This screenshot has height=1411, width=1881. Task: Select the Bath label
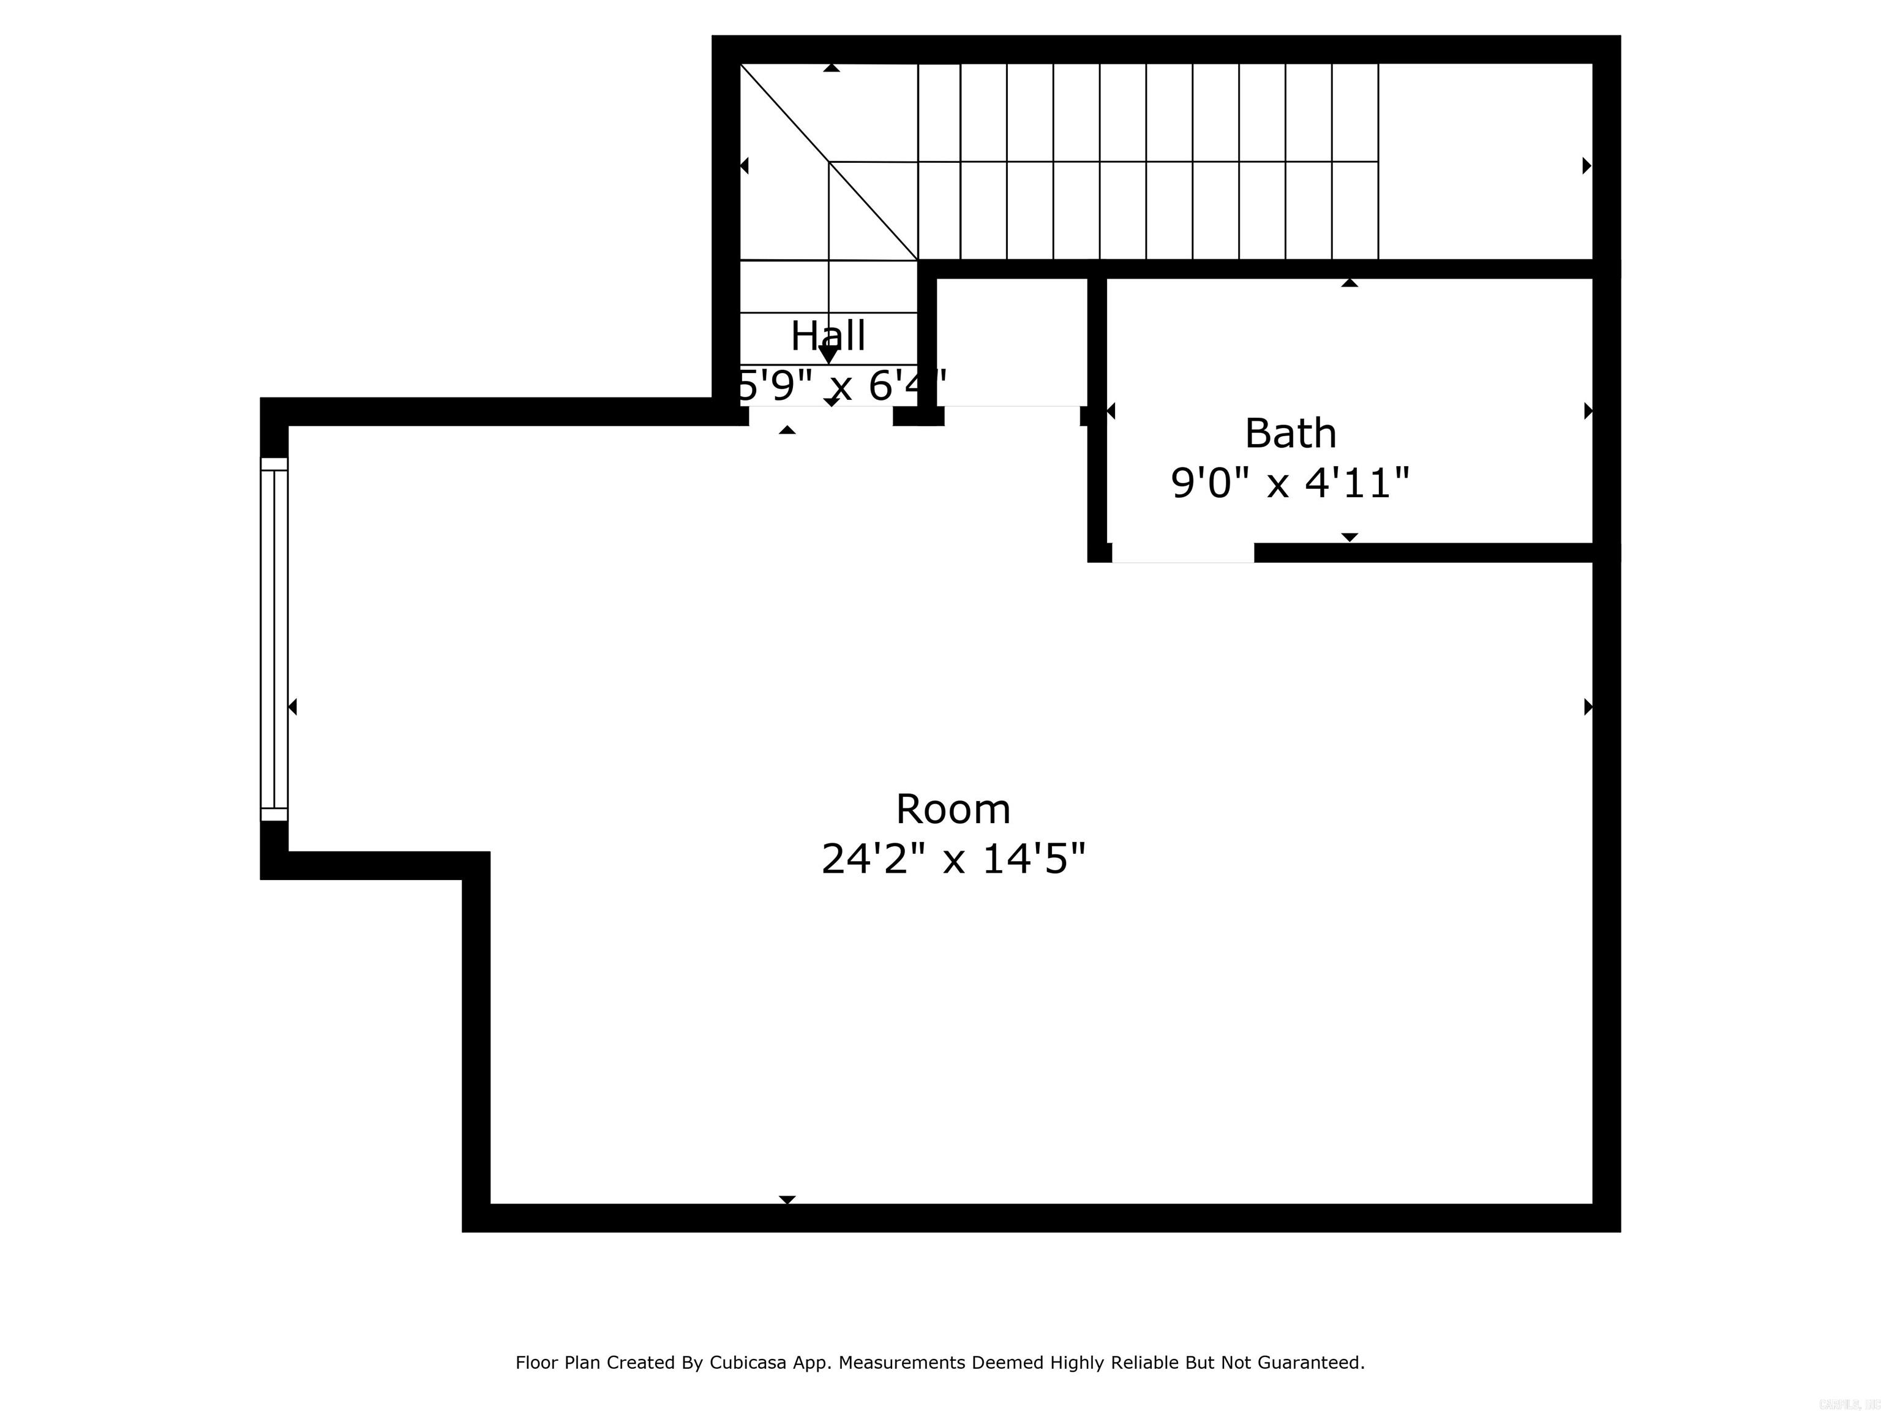[x=1290, y=434]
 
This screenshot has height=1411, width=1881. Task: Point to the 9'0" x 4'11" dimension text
[x=1290, y=483]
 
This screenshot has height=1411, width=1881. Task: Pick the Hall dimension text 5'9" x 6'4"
[x=840, y=385]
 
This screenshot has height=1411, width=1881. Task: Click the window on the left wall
[x=274, y=639]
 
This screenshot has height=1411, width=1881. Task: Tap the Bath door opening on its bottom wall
[x=1182, y=553]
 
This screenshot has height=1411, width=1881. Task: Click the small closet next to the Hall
[x=1012, y=341]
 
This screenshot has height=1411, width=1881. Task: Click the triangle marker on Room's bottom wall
[x=787, y=1199]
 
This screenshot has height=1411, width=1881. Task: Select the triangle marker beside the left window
[x=293, y=707]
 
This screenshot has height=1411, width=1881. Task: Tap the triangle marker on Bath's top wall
[x=1350, y=282]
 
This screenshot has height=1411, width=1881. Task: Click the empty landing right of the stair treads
[x=1484, y=162]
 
